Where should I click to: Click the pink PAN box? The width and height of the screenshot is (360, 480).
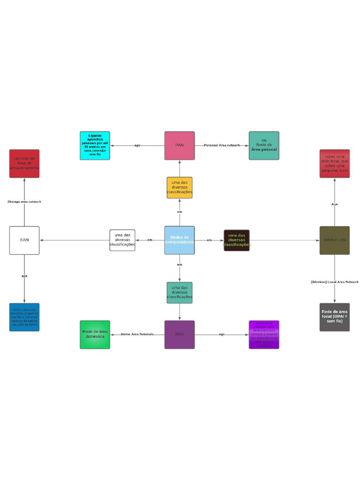coord(180,145)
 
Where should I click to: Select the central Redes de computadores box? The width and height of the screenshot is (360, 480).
coord(180,240)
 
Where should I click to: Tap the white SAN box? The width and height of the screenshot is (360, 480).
coord(24,240)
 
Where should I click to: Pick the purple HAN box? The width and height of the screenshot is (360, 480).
coord(180,334)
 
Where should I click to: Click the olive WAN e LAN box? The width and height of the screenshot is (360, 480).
coord(334,240)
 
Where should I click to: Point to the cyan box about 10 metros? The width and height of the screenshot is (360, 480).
coord(95,145)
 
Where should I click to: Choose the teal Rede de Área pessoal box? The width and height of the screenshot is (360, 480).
coord(264,145)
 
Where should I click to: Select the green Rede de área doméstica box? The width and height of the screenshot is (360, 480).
coord(95,334)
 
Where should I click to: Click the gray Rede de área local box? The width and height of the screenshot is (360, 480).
coord(334,317)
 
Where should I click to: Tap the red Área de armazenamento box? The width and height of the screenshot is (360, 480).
coord(24,164)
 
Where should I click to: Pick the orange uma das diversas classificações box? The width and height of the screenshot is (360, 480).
coord(180,187)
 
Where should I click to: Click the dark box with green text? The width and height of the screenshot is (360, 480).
coord(237,240)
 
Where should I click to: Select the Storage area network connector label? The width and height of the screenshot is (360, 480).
coord(24,202)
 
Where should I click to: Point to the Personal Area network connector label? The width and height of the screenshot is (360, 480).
coord(222,145)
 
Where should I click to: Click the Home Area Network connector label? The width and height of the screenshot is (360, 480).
coord(137,334)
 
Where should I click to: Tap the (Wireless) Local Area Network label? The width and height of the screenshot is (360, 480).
coord(334,282)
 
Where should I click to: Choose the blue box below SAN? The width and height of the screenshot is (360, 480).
coord(24,317)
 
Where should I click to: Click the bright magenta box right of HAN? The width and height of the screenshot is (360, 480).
coord(264,334)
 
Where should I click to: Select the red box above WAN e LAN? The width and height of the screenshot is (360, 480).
coord(334,164)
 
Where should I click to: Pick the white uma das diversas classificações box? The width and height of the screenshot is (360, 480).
coord(122,240)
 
